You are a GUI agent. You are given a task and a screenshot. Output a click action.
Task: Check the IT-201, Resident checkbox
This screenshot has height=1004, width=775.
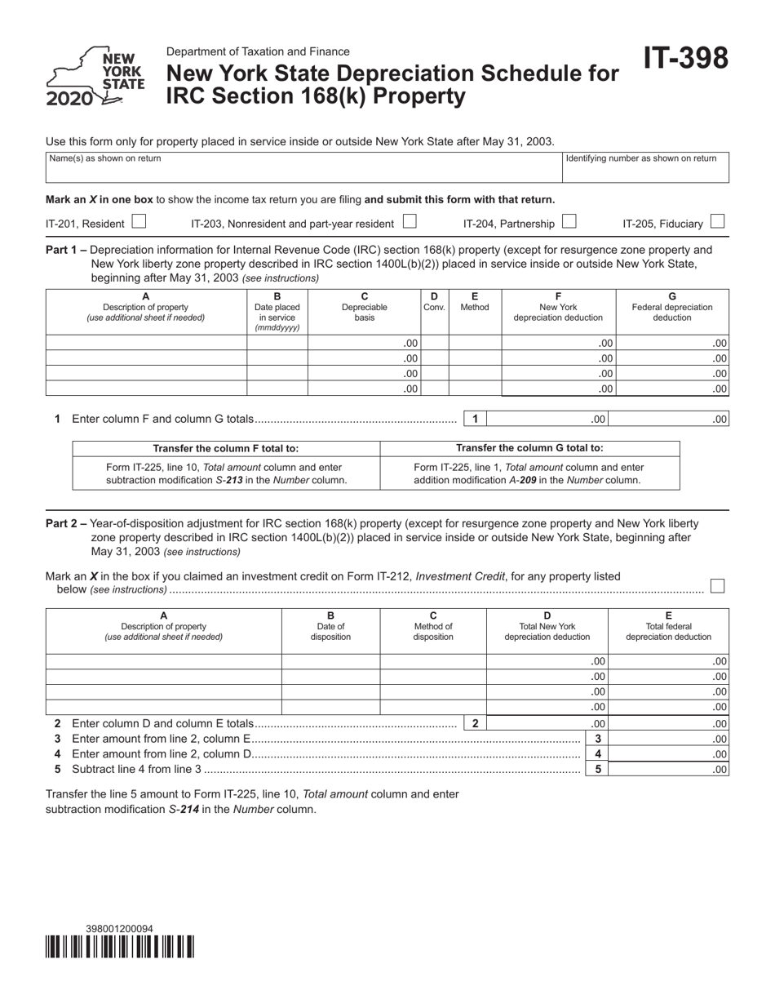[139, 221]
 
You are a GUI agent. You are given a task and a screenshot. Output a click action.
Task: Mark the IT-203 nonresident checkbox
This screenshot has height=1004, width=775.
[410, 221]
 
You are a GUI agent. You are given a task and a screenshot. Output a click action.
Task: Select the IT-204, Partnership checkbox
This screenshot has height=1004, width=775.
[569, 221]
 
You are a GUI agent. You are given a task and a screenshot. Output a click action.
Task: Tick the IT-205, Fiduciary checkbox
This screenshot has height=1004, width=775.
[717, 221]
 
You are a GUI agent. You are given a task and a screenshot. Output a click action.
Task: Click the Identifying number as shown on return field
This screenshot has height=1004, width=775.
[644, 167]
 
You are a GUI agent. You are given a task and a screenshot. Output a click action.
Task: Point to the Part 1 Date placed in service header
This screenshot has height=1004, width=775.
[277, 313]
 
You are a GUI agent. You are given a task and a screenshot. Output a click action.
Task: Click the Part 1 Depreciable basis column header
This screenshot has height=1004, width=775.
[365, 308]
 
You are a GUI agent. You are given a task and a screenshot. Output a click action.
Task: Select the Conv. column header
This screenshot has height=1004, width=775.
[434, 303]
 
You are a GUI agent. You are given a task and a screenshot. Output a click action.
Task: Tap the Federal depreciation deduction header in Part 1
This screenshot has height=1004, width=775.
[672, 308]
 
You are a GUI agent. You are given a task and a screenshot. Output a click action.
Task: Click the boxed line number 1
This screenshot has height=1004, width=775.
[475, 420]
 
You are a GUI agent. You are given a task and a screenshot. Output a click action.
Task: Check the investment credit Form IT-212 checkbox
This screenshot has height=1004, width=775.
[717, 586]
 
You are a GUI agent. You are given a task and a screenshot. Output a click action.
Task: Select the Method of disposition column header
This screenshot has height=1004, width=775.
[433, 627]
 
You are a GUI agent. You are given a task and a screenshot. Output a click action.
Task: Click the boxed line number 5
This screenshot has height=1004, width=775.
[597, 769]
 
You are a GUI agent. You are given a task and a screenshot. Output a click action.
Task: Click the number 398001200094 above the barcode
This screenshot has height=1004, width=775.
[119, 929]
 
